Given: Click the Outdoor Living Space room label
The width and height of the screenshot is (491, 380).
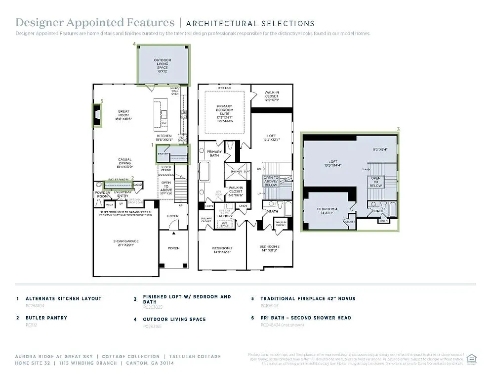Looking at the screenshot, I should [x=163, y=64].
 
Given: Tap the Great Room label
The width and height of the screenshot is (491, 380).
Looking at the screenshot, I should [x=123, y=115].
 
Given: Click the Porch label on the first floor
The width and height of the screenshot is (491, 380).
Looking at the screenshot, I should [x=173, y=248].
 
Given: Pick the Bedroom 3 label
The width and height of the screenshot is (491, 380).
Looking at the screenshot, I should [x=270, y=248].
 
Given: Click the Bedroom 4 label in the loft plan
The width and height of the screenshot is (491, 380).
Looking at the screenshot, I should [x=327, y=210].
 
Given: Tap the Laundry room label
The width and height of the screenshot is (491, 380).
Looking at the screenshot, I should [x=224, y=216].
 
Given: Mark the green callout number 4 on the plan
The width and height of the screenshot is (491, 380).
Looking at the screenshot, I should [x=134, y=44].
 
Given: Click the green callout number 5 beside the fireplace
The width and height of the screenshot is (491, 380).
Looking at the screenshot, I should [x=102, y=101].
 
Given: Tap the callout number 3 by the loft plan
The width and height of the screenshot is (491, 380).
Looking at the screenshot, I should [x=398, y=130].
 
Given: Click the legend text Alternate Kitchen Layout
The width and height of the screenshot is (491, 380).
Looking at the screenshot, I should [x=63, y=298].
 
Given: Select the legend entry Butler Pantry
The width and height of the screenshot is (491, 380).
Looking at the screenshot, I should [x=46, y=318].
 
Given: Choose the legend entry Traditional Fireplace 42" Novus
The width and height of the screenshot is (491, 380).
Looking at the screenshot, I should [x=308, y=298].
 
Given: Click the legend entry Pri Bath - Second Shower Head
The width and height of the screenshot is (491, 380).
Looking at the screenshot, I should [x=306, y=318].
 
